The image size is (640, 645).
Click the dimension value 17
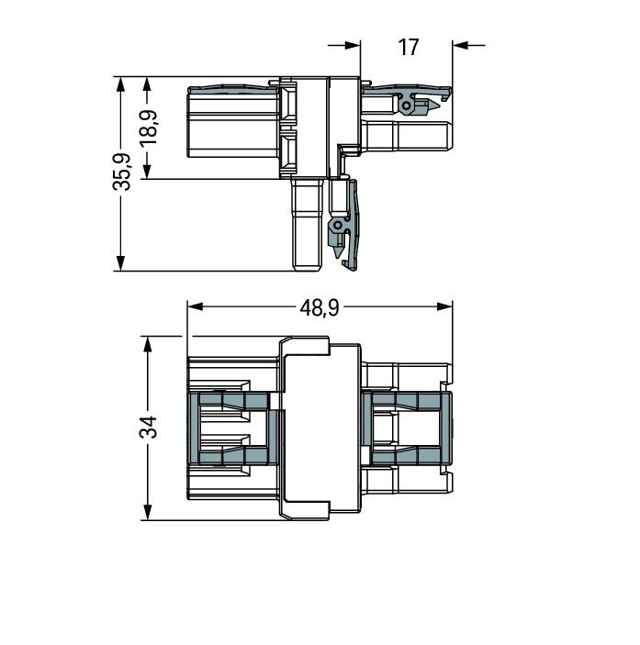(x=409, y=46)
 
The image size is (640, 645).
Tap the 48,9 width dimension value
(x=319, y=307)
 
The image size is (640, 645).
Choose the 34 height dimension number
(x=148, y=427)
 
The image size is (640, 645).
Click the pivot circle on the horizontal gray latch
(x=405, y=106)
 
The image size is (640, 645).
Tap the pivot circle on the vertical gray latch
(x=337, y=225)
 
